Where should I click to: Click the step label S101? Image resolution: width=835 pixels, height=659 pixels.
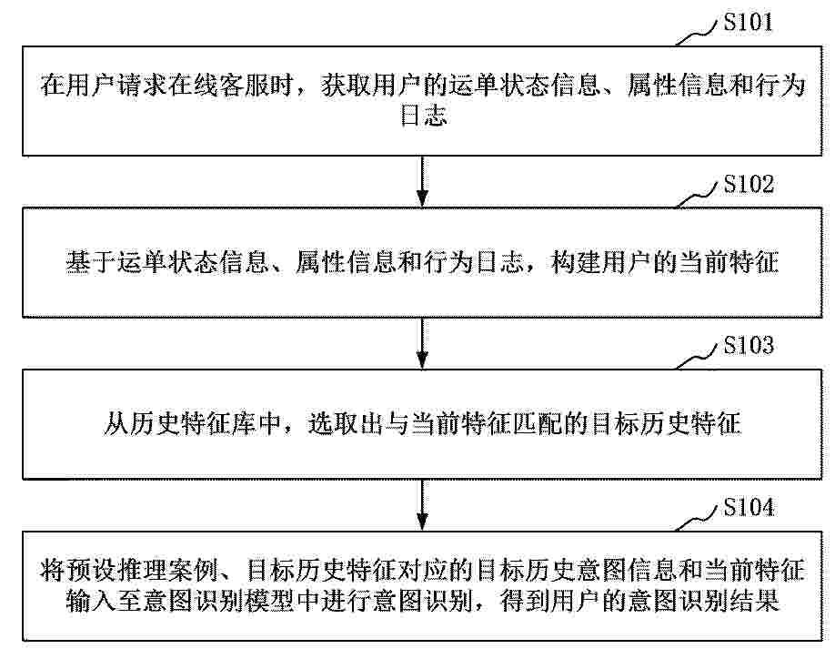pyautogui.click(x=748, y=23)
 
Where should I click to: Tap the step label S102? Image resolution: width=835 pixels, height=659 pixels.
pyautogui.click(x=749, y=184)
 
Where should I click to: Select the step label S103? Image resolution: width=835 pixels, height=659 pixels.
pyautogui.click(x=749, y=345)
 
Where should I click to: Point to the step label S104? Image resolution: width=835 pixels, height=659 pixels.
pyautogui.click(x=749, y=507)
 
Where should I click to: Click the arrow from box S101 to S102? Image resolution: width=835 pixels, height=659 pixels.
pyautogui.click(x=422, y=181)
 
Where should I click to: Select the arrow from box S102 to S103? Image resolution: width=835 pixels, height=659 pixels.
pyautogui.click(x=422, y=343)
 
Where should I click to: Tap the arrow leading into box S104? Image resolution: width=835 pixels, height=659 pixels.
pyautogui.click(x=422, y=504)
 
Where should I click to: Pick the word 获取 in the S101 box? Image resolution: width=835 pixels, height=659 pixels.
pyautogui.click(x=346, y=86)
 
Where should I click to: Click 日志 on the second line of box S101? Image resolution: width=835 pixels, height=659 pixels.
pyautogui.click(x=422, y=115)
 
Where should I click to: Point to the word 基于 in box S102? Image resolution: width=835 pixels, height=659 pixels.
pyautogui.click(x=91, y=261)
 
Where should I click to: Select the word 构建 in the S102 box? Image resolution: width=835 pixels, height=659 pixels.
pyautogui.click(x=576, y=261)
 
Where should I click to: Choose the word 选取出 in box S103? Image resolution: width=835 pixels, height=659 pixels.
pyautogui.click(x=345, y=423)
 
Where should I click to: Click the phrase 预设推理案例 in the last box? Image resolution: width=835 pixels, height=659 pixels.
pyautogui.click(x=144, y=571)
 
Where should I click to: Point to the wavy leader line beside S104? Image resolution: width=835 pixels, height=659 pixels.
pyautogui.click(x=697, y=518)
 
